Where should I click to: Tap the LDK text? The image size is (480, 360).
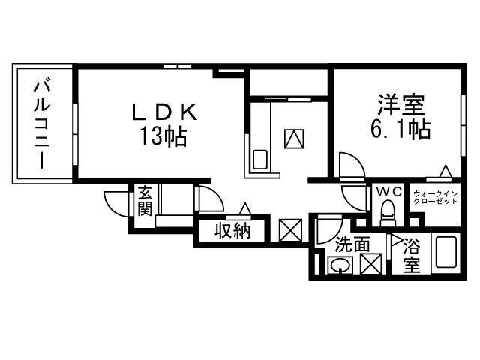[x=165, y=113]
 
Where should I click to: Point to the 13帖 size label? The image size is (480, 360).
[x=162, y=137]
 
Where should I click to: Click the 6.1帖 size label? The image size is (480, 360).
[x=400, y=130]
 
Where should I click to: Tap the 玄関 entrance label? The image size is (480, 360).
[x=145, y=199]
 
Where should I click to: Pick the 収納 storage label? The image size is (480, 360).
[x=232, y=231]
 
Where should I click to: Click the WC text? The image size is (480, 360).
[x=388, y=193]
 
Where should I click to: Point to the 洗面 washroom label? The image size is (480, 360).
[x=352, y=244]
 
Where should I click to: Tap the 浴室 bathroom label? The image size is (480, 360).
[x=411, y=254]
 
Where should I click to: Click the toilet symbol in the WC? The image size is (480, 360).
[x=388, y=217]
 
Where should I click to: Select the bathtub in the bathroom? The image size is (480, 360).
[x=445, y=255]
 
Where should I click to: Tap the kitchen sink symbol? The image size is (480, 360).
[x=260, y=160]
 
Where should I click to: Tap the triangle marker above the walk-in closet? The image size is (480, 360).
[x=445, y=172]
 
